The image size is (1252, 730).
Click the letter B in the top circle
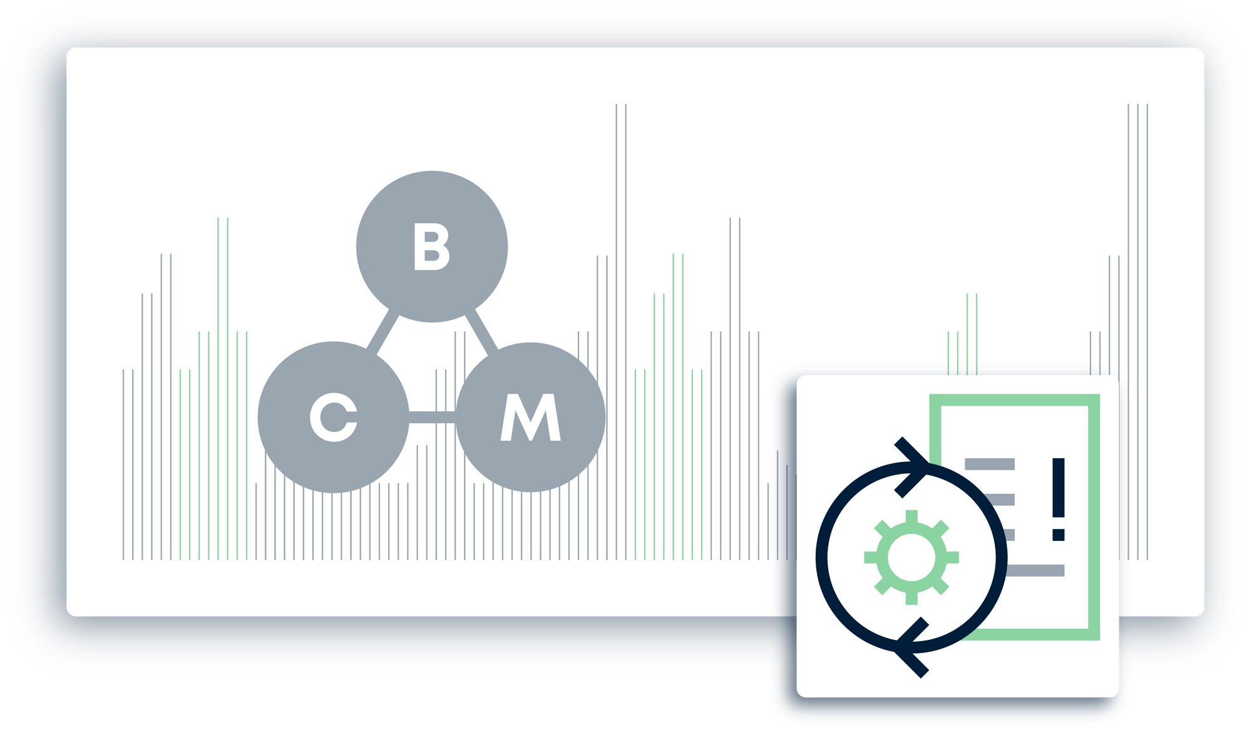431,247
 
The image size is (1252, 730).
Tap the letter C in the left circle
333,418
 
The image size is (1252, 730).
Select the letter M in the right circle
530,417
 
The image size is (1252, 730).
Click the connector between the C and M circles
432,417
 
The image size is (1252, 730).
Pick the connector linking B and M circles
481,331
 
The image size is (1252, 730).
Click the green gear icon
911,557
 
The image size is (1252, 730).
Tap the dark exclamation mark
1059,499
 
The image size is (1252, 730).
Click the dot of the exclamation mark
1059,535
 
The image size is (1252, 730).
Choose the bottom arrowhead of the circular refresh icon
911,647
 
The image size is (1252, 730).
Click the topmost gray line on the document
990,464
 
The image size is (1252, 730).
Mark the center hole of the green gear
911,557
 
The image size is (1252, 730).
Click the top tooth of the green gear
911,517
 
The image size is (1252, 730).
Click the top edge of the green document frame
1015,400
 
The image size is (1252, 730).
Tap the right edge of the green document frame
1094,517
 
